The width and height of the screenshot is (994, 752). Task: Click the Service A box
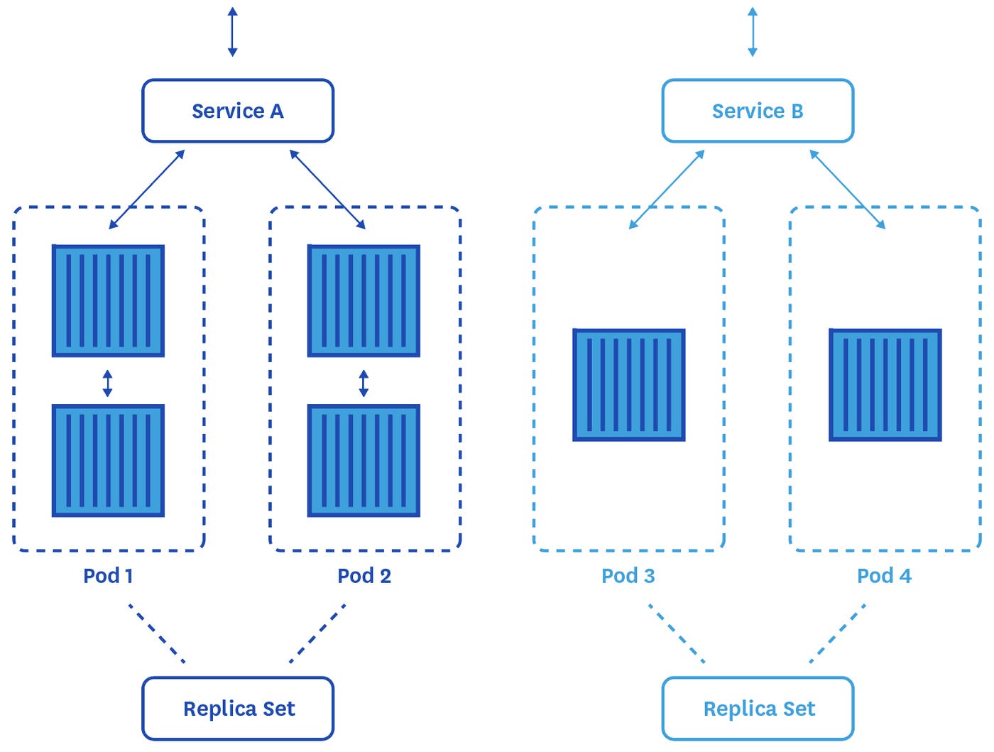point(238,111)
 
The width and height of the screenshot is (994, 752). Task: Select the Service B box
point(758,111)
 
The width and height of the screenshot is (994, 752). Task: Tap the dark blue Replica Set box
point(238,709)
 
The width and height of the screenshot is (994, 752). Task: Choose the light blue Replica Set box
point(758,709)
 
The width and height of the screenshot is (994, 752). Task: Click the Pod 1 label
point(108,575)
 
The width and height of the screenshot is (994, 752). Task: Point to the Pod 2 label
point(364,575)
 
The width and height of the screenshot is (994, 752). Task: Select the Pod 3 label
point(628,575)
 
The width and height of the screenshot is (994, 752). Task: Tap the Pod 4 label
point(884,575)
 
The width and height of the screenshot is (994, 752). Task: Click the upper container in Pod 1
point(108,301)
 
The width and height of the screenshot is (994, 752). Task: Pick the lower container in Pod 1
point(108,460)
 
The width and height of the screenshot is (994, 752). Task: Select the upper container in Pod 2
point(364,301)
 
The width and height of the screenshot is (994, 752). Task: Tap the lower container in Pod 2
point(364,460)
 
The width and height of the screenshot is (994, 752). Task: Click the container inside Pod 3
point(629,385)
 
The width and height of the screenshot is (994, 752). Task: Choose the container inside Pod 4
point(885,385)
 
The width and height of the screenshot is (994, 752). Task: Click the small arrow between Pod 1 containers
point(107,383)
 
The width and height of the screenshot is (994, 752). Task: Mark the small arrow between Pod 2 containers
point(364,383)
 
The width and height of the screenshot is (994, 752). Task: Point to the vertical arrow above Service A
point(232,32)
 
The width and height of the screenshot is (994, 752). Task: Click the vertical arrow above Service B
point(753,32)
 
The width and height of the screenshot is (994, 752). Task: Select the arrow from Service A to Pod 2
point(327,190)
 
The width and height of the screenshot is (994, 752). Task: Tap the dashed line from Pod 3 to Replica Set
point(677,633)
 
